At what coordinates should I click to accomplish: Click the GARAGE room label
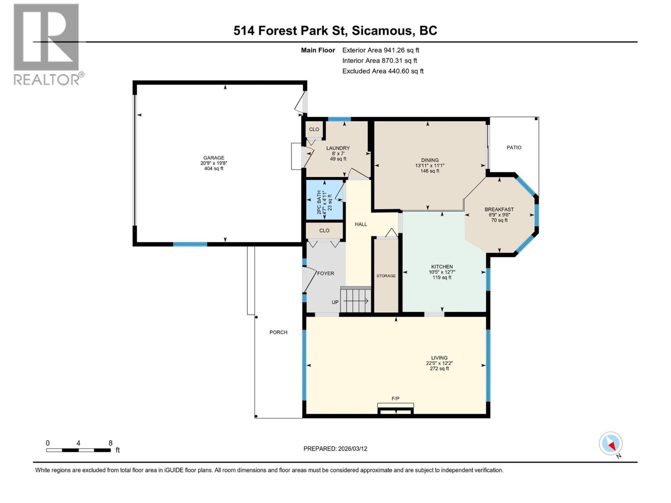[214, 158]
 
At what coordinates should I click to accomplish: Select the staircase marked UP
[356, 300]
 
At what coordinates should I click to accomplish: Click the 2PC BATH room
[324, 200]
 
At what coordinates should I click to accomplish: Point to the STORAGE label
[386, 276]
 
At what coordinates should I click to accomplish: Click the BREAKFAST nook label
[499, 210]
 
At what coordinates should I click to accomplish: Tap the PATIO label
[514, 148]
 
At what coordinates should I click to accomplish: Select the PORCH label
[278, 332]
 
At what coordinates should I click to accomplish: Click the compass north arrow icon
[611, 444]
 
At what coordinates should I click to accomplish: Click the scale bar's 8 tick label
[111, 443]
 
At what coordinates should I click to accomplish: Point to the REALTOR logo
[47, 44]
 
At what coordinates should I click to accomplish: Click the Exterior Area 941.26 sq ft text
[380, 50]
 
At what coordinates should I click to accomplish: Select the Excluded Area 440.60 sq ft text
[382, 71]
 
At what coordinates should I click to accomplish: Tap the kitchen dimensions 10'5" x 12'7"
[442, 272]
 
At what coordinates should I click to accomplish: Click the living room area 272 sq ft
[439, 369]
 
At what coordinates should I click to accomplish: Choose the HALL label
[361, 224]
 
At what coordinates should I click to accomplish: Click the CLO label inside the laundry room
[314, 130]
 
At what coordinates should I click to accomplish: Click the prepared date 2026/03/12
[352, 449]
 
